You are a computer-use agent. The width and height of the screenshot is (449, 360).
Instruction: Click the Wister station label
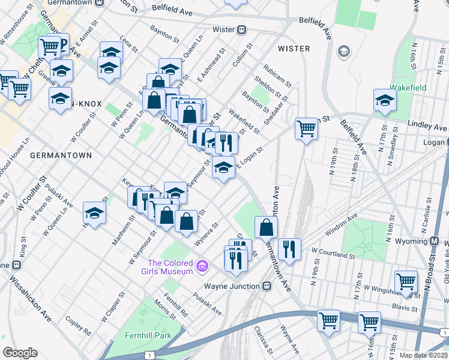point(223,29)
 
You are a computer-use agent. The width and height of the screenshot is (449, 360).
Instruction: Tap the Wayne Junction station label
point(231,286)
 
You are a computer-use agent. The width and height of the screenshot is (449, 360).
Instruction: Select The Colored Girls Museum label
point(171,267)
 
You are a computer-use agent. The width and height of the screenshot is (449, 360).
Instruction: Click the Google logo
point(20,352)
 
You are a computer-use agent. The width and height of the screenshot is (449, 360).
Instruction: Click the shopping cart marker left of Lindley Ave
point(306,129)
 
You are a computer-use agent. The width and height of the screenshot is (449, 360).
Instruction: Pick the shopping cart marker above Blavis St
point(406,281)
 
